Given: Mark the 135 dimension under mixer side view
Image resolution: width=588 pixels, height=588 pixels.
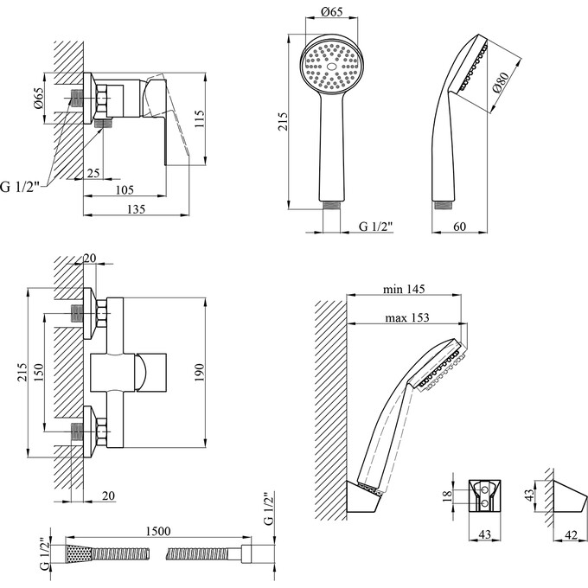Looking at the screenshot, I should pyautogui.click(x=135, y=208).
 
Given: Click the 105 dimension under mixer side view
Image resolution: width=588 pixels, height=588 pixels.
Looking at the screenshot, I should pyautogui.click(x=126, y=191).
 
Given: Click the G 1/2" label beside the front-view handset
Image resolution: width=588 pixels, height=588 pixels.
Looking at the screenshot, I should pyautogui.click(x=375, y=227).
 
